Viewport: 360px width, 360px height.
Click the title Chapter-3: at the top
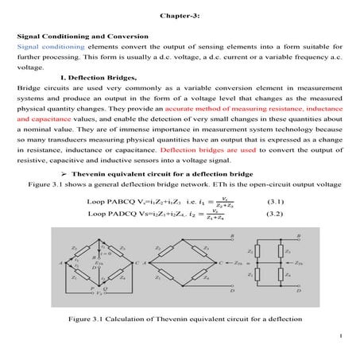coord(179,15)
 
